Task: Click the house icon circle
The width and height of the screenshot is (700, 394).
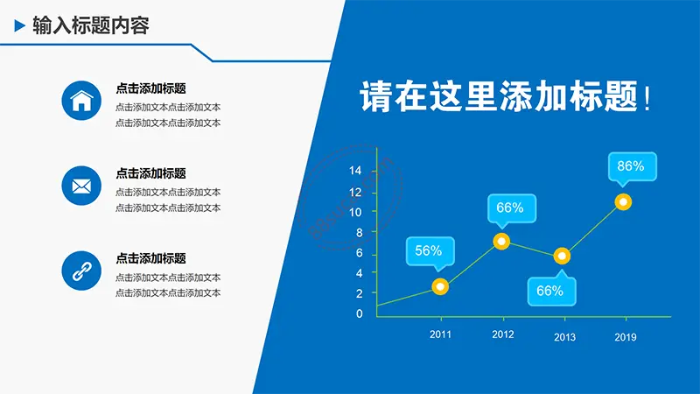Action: (81, 101)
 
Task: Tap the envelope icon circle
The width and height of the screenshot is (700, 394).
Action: (81, 186)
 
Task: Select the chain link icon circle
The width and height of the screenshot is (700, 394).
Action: (81, 271)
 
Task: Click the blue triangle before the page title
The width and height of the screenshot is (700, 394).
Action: (19, 25)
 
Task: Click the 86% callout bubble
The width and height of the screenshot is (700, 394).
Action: (632, 168)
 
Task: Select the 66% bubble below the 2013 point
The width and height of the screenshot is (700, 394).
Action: (551, 289)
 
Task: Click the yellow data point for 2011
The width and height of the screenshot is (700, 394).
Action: (440, 286)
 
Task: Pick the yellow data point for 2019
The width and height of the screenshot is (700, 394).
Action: (623, 202)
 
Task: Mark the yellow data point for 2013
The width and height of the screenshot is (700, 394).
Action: (562, 256)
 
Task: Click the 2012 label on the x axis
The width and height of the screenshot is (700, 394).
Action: (502, 334)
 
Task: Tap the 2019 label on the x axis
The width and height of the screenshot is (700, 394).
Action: (626, 337)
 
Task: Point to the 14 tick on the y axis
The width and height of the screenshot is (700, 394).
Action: (355, 170)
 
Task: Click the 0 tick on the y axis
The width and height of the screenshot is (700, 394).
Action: (360, 313)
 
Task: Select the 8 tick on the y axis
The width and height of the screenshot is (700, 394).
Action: (360, 233)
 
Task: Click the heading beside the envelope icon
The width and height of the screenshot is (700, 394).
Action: (150, 173)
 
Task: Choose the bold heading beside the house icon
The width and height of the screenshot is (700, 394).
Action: (150, 88)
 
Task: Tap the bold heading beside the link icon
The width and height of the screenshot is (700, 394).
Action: (150, 258)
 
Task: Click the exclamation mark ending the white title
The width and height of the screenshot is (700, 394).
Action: (647, 98)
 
